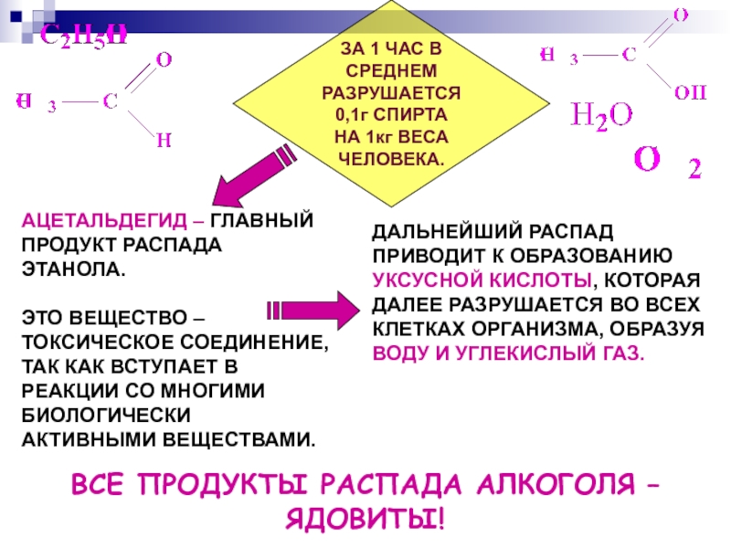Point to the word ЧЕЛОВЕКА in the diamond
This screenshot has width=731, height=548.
389,157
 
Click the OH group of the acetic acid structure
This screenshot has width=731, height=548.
685,91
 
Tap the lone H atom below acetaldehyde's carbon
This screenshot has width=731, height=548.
163,140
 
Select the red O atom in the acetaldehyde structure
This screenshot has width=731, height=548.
164,60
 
